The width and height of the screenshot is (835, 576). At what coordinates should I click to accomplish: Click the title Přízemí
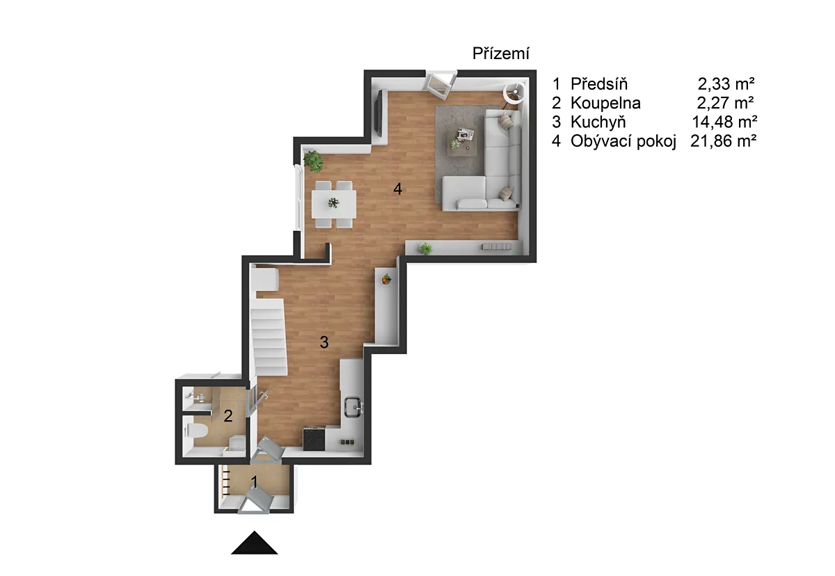500,54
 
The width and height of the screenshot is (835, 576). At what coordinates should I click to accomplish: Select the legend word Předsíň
599,84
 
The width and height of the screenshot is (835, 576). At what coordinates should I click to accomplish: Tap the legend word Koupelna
606,103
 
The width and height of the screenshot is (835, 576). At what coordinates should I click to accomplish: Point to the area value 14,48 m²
724,122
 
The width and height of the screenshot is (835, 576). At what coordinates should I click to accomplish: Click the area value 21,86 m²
723,141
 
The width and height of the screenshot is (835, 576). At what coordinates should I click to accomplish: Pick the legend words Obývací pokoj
623,142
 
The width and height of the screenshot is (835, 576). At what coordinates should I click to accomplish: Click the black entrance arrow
254,543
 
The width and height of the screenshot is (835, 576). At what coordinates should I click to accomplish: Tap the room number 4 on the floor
398,189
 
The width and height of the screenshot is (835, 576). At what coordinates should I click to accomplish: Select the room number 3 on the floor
324,342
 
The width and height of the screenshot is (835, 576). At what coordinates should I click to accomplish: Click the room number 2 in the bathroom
228,416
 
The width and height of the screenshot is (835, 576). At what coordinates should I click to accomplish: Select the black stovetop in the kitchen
314,439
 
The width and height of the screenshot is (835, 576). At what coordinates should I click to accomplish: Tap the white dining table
333,204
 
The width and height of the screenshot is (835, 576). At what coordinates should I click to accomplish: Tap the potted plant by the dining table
314,161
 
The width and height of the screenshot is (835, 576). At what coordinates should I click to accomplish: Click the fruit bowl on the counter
386,279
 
